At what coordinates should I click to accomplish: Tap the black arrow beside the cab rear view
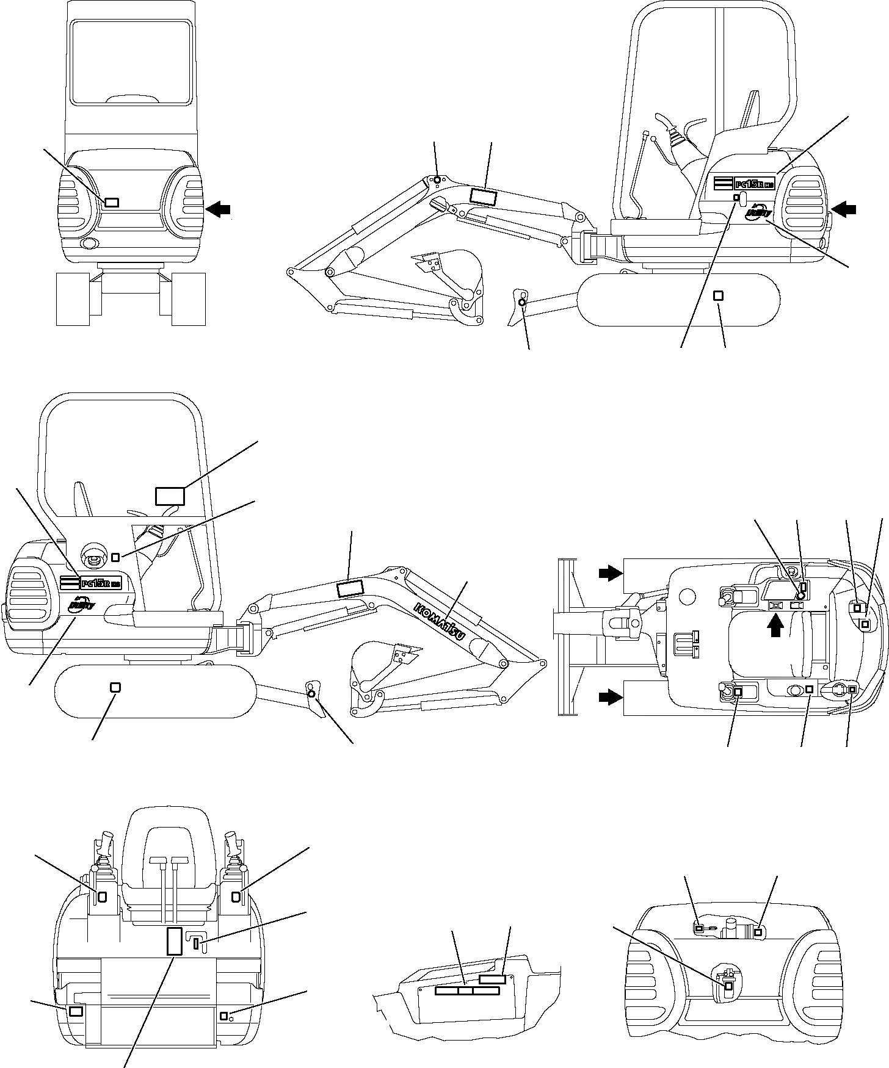pyautogui.click(x=219, y=209)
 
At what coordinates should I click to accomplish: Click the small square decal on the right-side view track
pyautogui.click(x=719, y=295)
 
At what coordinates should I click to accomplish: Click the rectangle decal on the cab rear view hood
pyautogui.click(x=112, y=203)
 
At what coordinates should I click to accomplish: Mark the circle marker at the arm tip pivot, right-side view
pyautogui.click(x=437, y=179)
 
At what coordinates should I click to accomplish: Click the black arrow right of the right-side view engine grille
pyautogui.click(x=844, y=209)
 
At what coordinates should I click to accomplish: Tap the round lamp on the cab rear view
pyautogui.click(x=89, y=245)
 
